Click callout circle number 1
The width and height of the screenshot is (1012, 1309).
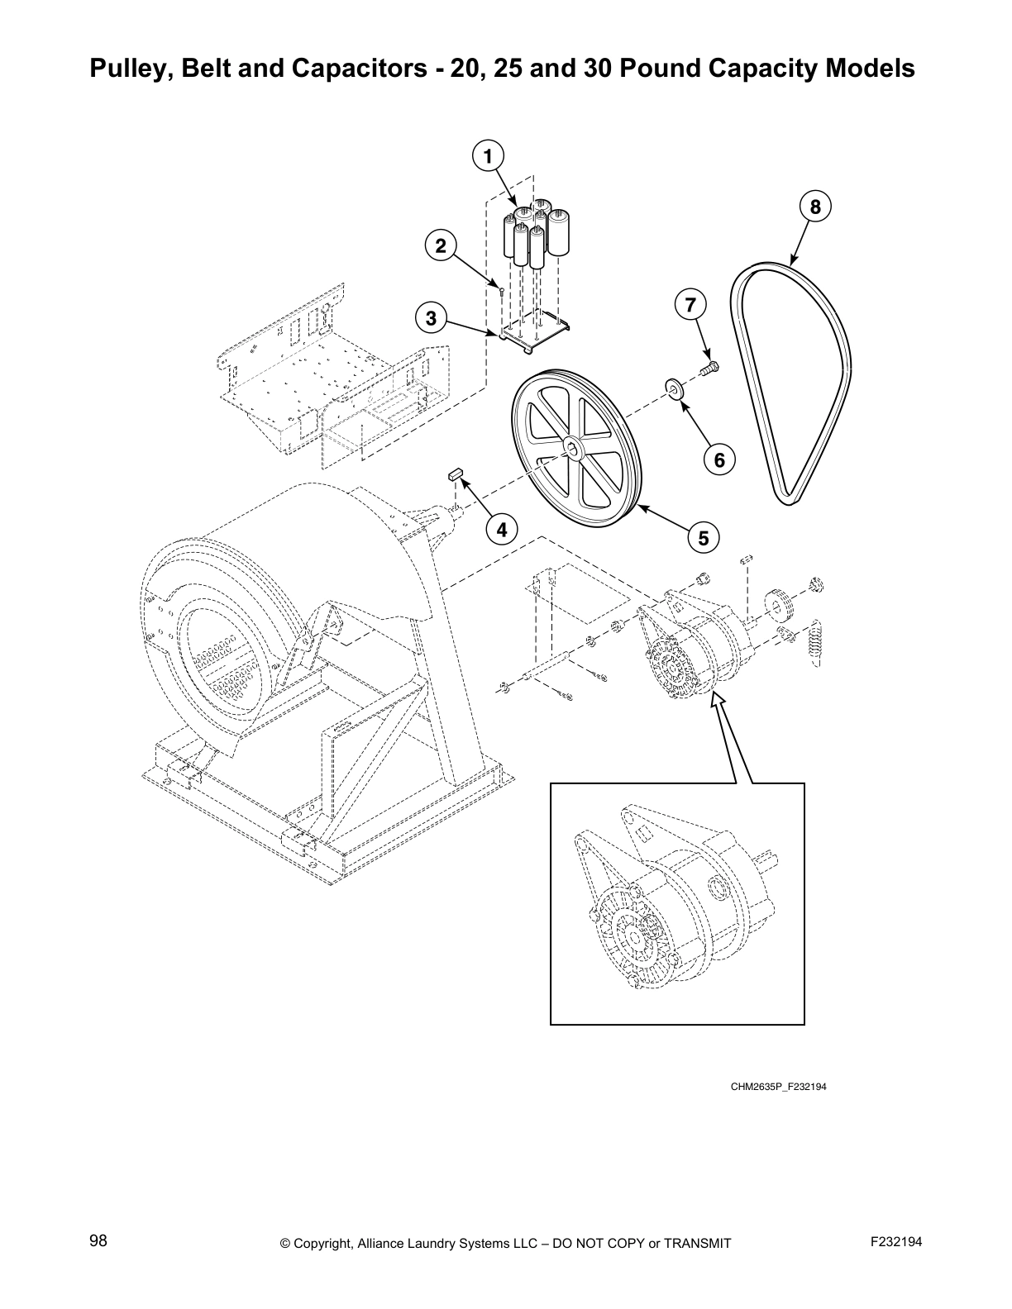[488, 155]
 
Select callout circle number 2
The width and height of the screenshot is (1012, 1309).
[441, 245]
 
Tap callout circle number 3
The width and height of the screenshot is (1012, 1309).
[431, 317]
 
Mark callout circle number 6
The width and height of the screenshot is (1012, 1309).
[719, 459]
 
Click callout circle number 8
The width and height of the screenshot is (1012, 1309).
[815, 207]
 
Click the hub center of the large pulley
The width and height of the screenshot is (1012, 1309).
[573, 449]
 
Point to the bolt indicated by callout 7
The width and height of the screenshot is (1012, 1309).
[709, 367]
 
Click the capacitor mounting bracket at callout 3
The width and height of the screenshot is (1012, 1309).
[536, 333]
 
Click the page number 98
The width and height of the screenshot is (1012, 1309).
[98, 1241]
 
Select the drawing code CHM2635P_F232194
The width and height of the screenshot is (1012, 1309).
[778, 1086]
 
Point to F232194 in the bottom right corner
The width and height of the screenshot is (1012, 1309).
[895, 1241]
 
